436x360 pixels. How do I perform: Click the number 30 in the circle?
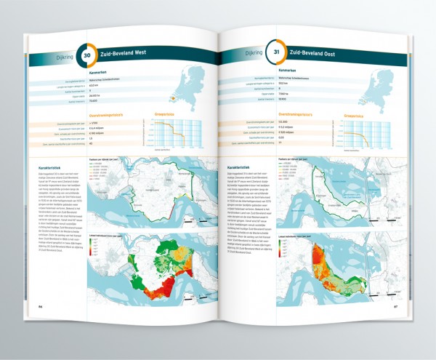(87, 54)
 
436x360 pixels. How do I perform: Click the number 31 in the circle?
(276, 52)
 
